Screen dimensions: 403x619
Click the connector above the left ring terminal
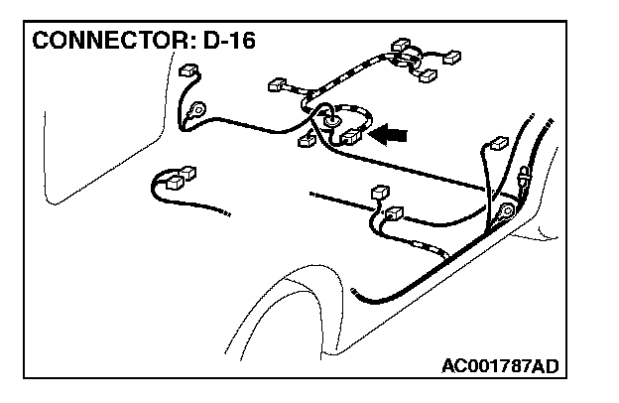click(186, 72)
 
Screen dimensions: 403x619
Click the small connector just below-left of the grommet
click(307, 140)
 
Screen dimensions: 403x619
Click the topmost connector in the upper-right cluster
click(401, 47)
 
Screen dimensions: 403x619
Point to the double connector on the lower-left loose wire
click(176, 179)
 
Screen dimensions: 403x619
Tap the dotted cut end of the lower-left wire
click(226, 212)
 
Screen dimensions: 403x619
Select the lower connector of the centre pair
click(394, 212)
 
